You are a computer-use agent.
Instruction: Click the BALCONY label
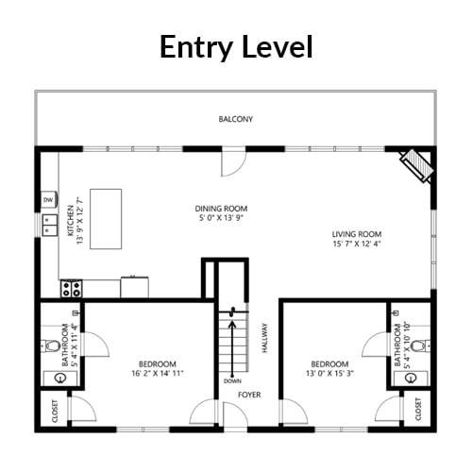[236, 119]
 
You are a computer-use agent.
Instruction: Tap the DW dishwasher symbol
[49, 199]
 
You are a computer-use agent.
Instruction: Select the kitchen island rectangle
[106, 219]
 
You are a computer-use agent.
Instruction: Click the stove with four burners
[71, 289]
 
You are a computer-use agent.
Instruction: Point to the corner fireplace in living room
[417, 165]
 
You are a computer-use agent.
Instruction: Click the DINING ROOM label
[221, 209]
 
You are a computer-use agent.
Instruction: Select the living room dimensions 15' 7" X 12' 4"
[357, 244]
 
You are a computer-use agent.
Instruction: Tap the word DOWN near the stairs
[232, 381]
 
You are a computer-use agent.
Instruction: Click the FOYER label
[249, 395]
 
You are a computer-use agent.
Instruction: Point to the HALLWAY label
[264, 338]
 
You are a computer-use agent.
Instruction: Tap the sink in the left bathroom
[59, 378]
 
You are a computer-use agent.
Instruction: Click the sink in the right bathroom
[411, 378]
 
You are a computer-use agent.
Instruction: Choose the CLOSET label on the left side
[55, 411]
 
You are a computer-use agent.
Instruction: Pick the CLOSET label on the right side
[418, 409]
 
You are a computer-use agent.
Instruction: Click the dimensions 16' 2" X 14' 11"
[158, 373]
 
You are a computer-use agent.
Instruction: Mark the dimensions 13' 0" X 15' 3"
[329, 373]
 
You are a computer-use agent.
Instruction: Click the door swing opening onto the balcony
[233, 163]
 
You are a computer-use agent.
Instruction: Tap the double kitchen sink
[50, 226]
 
